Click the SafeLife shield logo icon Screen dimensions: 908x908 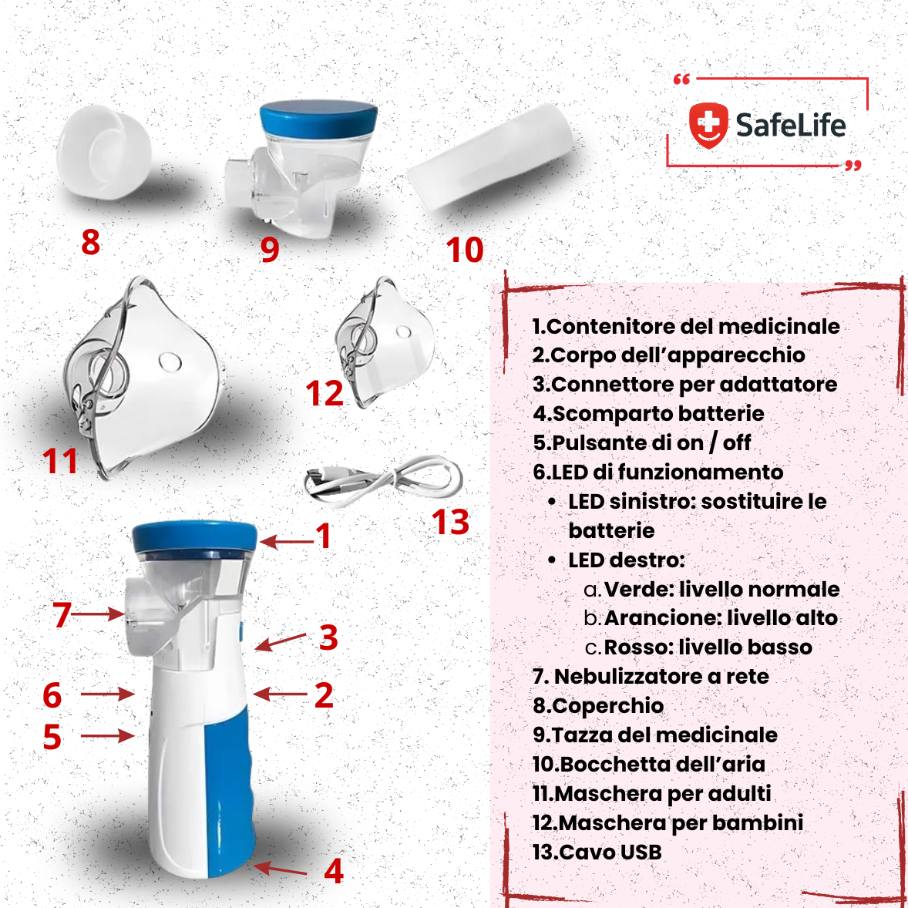(708, 125)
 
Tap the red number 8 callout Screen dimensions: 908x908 (90, 242)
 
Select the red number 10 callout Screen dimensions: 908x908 (465, 251)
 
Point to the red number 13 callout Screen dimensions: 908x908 (450, 522)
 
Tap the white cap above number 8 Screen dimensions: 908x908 (104, 153)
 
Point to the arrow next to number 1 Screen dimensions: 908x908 (287, 542)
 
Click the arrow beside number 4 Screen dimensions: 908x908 (281, 869)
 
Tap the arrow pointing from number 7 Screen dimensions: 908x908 (97, 614)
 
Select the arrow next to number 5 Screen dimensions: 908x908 (108, 736)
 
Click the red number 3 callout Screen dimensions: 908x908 (328, 637)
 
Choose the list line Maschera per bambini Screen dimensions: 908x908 (668, 823)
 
